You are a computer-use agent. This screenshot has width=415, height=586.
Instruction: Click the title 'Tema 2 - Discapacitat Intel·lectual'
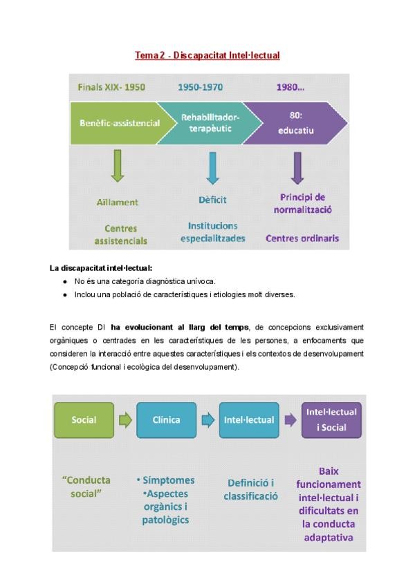(207, 55)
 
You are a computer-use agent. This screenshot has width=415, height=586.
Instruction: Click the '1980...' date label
(290, 88)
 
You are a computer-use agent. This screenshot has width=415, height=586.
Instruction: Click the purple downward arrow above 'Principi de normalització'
(298, 166)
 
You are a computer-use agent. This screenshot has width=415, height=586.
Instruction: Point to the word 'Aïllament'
(118, 202)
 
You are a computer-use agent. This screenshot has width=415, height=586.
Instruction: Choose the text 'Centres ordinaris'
(302, 238)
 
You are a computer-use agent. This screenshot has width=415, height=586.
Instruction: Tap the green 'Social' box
(84, 419)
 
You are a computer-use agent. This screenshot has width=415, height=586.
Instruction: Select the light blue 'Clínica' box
(167, 419)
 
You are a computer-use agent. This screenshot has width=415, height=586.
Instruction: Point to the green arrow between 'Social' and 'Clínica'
(125, 419)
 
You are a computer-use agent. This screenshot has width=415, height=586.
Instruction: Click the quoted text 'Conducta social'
(87, 487)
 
